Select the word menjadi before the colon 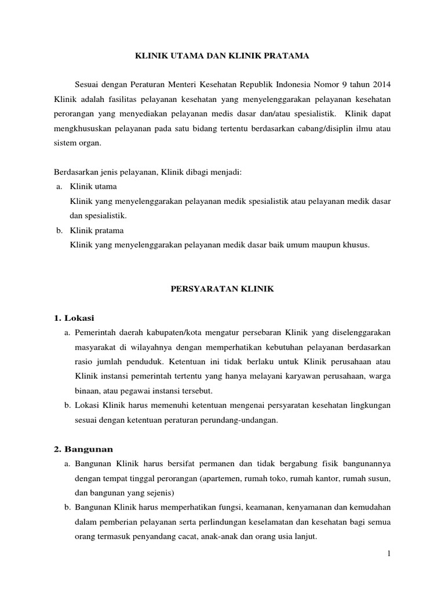tap(222, 172)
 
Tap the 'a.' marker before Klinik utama tap(59, 186)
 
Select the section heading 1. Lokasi tap(74, 318)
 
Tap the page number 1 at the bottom tap(389, 554)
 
